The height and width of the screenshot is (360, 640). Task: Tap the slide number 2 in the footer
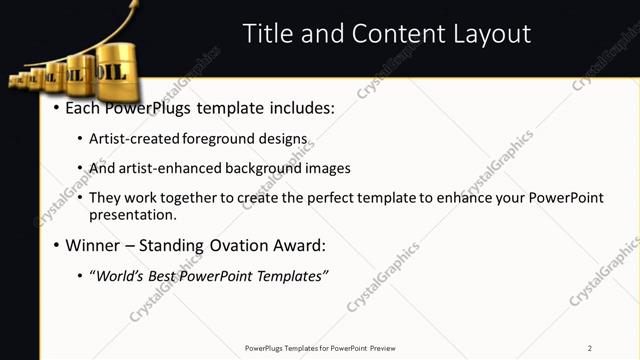(x=589, y=348)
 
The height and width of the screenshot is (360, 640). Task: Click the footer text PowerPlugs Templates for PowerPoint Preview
(x=320, y=348)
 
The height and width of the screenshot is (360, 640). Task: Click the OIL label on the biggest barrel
(x=111, y=72)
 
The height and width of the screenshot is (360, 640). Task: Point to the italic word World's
(x=122, y=275)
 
